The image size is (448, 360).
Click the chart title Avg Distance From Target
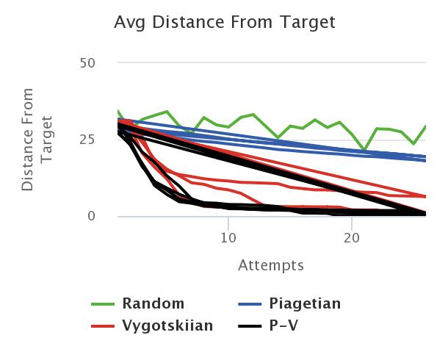click(x=224, y=23)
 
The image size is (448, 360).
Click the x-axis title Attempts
click(x=271, y=264)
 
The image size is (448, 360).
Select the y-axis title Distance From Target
click(x=37, y=140)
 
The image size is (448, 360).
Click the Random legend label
click(x=153, y=303)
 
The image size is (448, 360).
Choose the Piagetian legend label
click(x=305, y=303)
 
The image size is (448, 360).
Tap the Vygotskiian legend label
click(x=168, y=325)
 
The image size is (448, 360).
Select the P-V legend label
click(x=287, y=325)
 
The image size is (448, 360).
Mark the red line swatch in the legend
click(x=103, y=326)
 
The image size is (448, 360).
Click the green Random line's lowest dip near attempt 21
click(x=364, y=150)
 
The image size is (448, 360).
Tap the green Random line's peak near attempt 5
click(x=167, y=112)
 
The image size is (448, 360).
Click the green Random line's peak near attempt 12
click(x=253, y=115)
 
